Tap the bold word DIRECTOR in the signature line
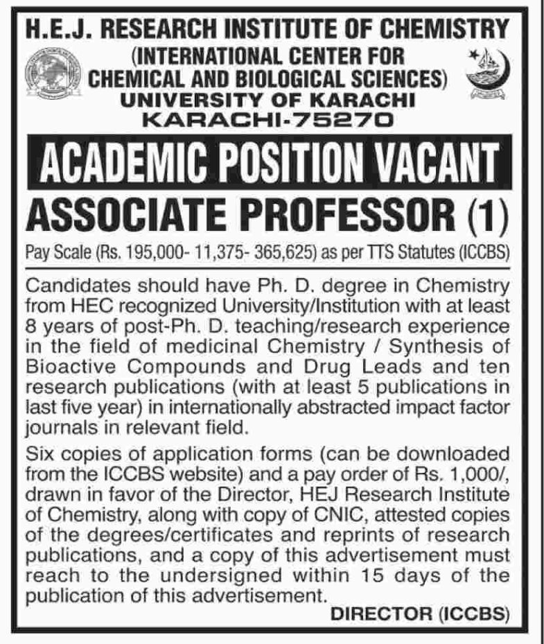pyautogui.click(x=378, y=613)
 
